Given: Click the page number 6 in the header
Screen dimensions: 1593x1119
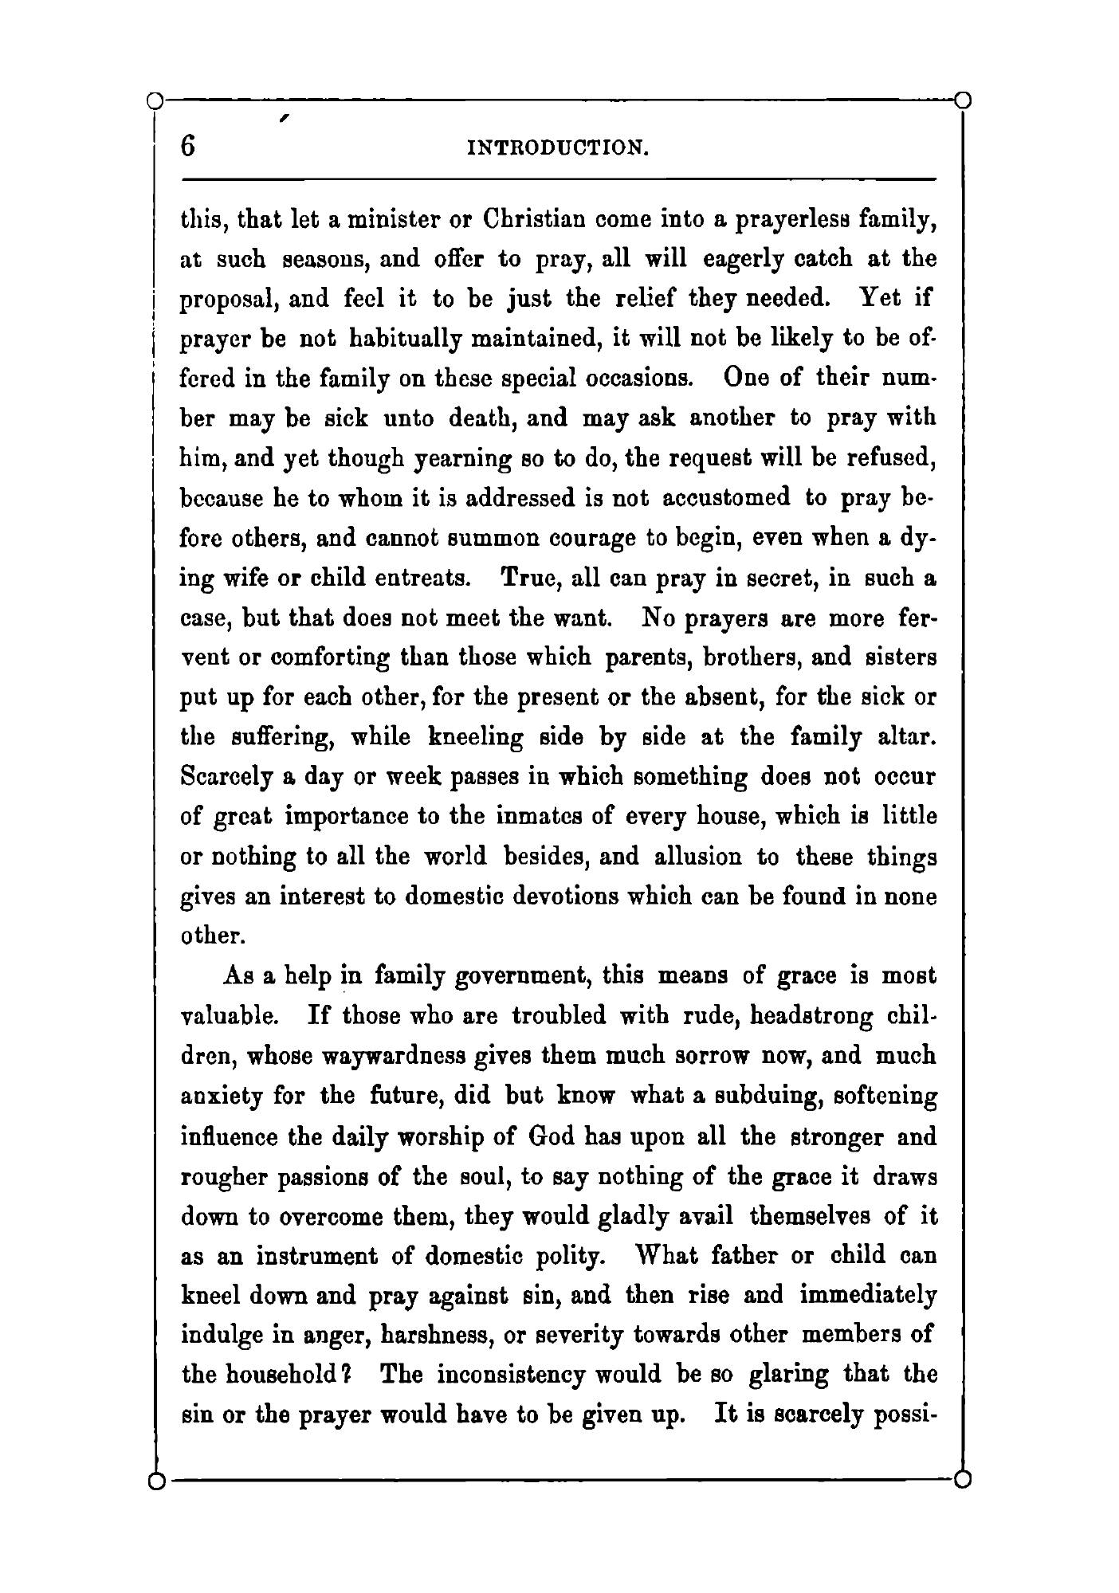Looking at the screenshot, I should coord(188,147).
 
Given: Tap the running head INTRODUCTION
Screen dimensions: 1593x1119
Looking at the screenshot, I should coord(558,148).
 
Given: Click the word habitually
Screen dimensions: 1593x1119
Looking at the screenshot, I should coord(408,339).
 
